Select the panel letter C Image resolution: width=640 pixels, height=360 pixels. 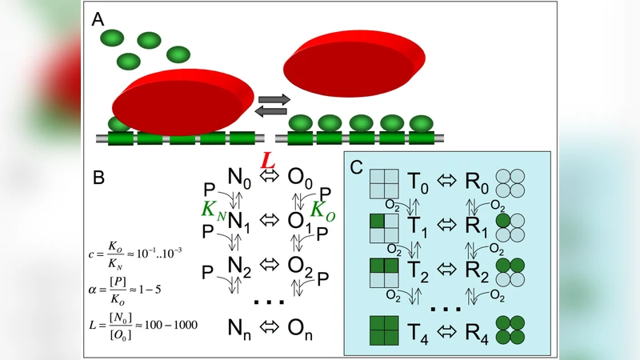tap(357, 168)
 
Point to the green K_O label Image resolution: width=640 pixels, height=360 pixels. tap(322, 212)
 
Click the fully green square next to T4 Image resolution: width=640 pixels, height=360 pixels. tap(383, 330)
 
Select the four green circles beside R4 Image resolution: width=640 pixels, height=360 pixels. tap(510, 330)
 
